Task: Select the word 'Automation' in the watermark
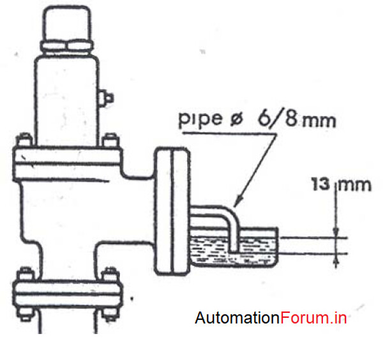tap(237, 318)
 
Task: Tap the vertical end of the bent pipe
tap(234, 233)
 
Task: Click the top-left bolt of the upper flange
tap(25, 140)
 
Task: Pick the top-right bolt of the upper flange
tap(110, 140)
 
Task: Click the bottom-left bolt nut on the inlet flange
tap(25, 313)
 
